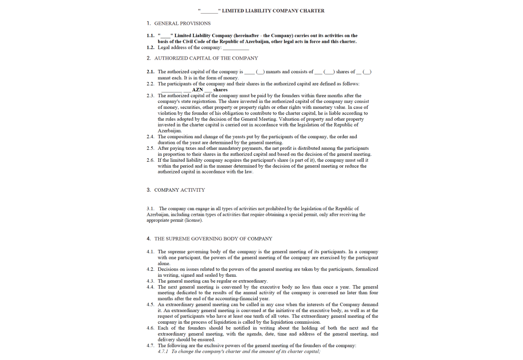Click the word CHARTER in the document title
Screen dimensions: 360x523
312,11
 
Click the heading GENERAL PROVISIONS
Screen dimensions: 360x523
182,24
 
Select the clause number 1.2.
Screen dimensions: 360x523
150,48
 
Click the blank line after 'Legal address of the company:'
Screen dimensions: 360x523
236,48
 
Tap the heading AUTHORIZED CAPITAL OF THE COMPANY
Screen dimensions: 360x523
206,58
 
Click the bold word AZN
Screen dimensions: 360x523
198,90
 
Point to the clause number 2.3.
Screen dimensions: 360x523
150,96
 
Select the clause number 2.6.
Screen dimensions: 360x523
150,160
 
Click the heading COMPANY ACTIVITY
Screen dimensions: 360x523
179,190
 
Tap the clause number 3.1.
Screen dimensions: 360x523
150,209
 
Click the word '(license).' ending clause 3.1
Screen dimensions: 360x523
194,220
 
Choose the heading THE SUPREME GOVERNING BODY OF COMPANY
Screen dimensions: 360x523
213,239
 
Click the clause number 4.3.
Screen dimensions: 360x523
150,281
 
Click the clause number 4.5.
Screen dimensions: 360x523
150,305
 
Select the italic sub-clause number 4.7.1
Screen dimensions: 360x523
163,351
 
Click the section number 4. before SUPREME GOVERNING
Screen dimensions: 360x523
149,239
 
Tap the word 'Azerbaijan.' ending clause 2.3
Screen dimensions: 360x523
170,131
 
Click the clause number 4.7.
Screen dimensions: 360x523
150,346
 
